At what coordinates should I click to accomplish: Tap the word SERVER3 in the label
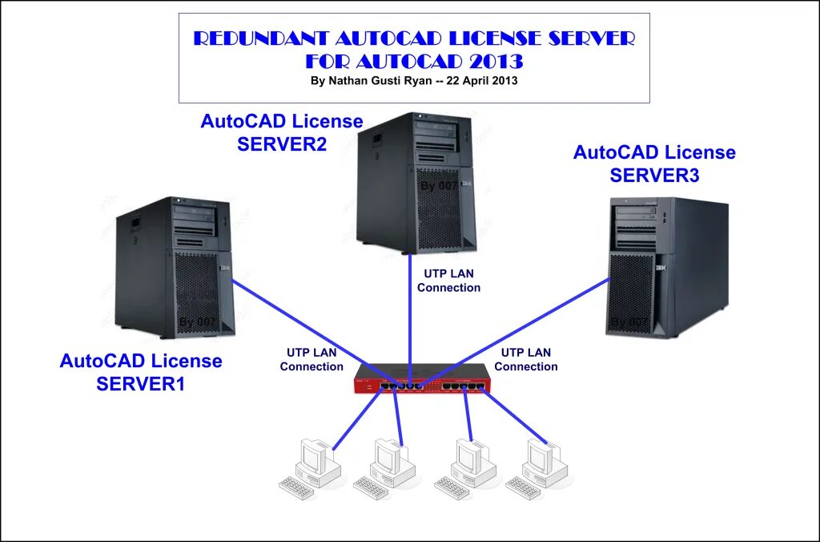tap(654, 175)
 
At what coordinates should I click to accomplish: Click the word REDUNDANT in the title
tap(259, 39)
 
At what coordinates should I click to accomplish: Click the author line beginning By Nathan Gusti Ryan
tap(413, 81)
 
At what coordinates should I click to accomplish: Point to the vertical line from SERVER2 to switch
tap(410, 321)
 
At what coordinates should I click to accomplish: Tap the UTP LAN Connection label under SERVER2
tap(448, 281)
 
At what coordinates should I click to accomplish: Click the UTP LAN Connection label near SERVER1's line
tap(312, 359)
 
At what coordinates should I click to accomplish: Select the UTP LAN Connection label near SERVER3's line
tap(525, 359)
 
